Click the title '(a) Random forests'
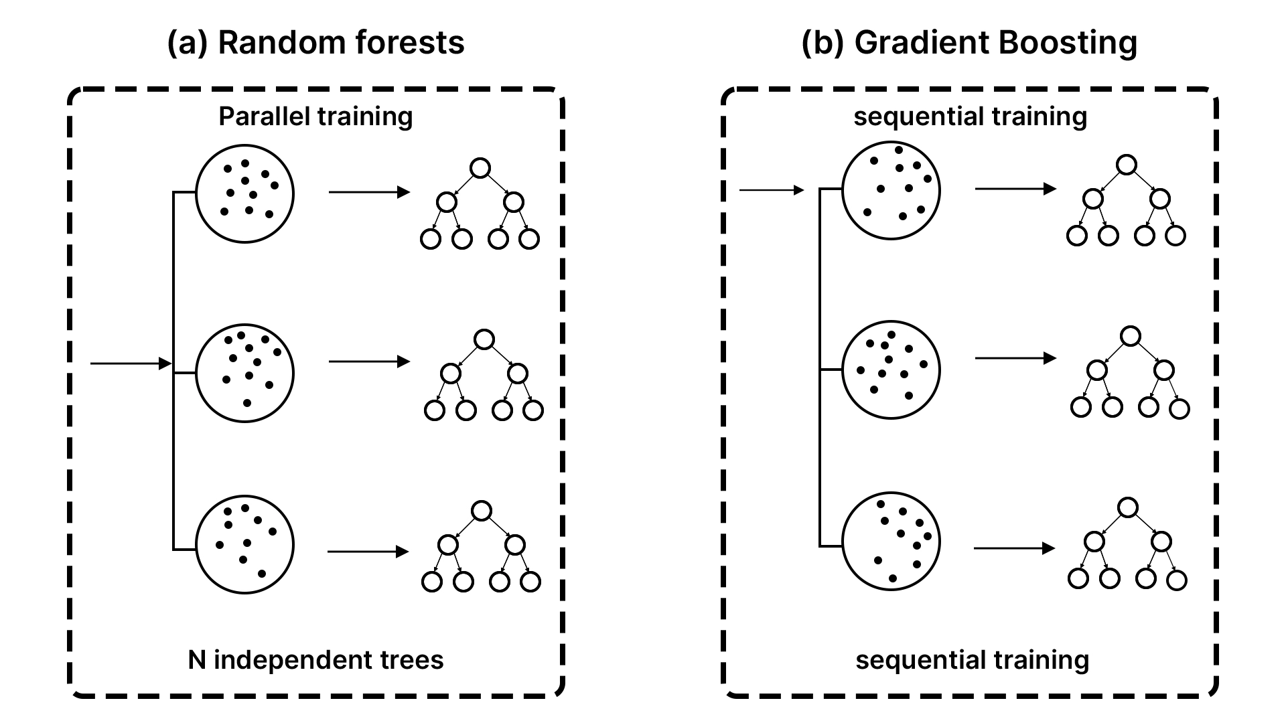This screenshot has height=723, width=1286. point(315,43)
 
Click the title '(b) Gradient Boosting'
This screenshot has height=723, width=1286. point(969,43)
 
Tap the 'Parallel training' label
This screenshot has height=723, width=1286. point(315,116)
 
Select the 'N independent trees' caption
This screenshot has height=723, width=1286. point(315,660)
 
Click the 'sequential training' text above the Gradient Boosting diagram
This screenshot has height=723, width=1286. point(970,116)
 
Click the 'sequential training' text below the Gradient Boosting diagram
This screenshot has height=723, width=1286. point(972,660)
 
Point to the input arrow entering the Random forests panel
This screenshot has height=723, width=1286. point(131,364)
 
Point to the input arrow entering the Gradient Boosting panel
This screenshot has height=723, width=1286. point(770,191)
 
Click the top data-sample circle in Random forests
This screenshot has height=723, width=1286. point(244,193)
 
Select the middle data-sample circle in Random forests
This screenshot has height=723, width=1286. point(244,373)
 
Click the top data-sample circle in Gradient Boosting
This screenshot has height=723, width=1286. point(891,190)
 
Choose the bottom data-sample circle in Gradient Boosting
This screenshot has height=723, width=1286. point(891,541)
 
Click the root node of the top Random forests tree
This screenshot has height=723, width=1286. point(480,168)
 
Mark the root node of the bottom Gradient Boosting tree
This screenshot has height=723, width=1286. point(1128,507)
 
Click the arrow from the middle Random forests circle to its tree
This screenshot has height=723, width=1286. point(368,361)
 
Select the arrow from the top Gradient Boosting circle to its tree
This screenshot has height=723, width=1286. point(1015,189)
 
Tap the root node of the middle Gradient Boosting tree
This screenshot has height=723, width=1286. point(1130,336)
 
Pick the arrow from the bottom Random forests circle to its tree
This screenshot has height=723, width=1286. point(368,552)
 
